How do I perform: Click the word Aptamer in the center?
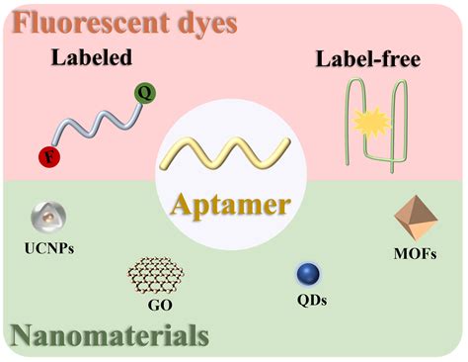coord(234,204)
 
